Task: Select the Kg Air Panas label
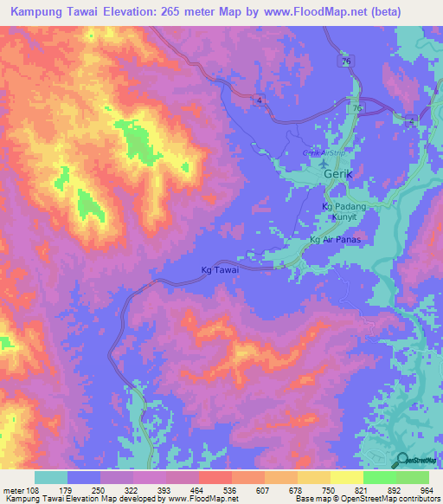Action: click(x=334, y=239)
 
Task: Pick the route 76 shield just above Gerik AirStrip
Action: click(x=356, y=107)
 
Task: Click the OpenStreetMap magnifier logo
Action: click(x=402, y=460)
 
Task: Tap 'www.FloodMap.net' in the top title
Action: click(x=330, y=13)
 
